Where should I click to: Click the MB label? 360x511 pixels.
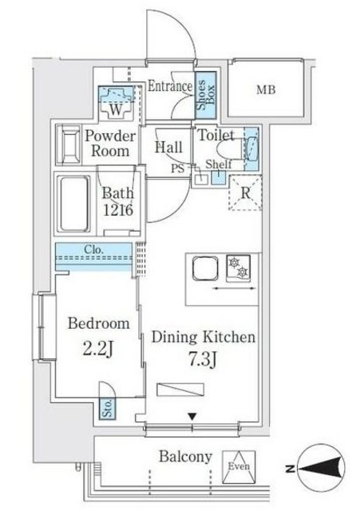[x=266, y=89]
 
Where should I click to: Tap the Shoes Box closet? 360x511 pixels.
[x=206, y=95]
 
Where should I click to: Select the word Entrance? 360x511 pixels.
[x=170, y=86]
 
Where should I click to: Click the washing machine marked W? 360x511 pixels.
[x=117, y=102]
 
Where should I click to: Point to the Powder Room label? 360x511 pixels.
[x=110, y=144]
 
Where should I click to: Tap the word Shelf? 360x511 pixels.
[x=219, y=164]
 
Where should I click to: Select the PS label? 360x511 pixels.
[x=178, y=168]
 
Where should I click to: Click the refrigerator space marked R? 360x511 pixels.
[x=245, y=192]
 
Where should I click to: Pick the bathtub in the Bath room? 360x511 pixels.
[x=73, y=204]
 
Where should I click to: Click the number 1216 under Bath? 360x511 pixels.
[x=118, y=210]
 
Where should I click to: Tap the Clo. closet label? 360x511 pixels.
[x=94, y=250]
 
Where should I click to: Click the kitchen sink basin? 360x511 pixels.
[x=205, y=268]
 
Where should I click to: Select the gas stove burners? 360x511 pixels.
[x=239, y=267]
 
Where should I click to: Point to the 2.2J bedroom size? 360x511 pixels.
[x=98, y=350]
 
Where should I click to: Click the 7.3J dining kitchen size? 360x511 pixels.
[x=203, y=358]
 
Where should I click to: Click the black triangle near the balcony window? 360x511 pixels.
[x=192, y=416]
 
